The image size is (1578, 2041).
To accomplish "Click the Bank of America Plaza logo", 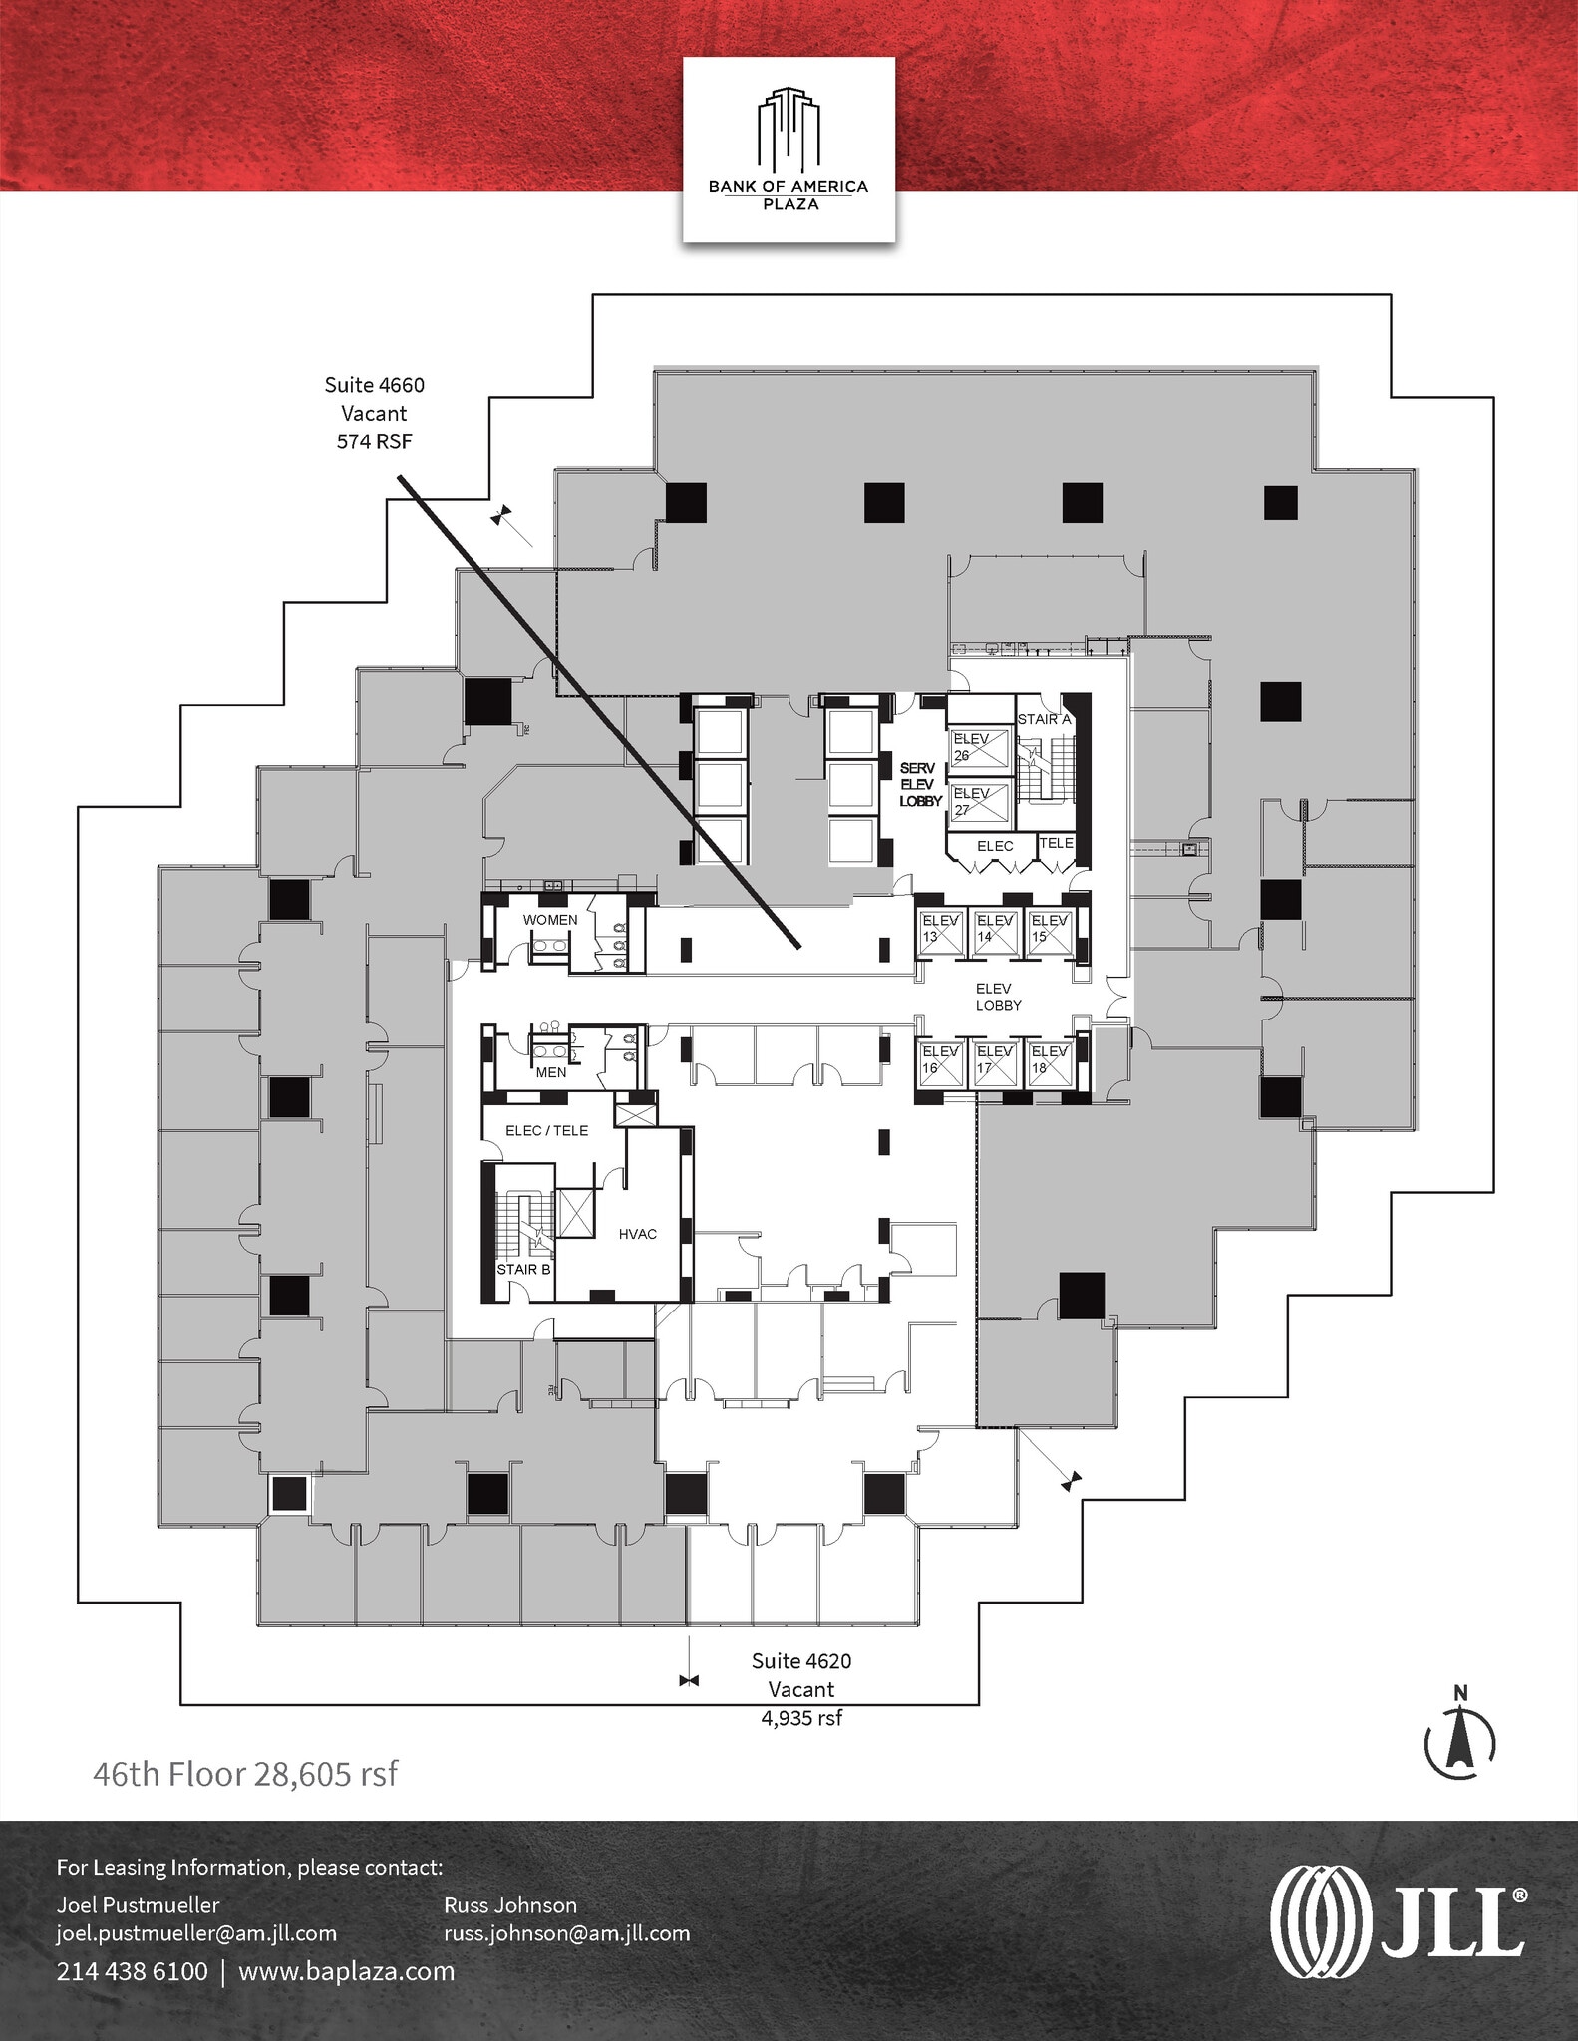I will click(x=789, y=149).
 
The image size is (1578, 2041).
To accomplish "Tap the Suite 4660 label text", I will click(x=374, y=385).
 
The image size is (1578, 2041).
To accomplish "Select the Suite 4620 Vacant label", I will click(x=801, y=1688).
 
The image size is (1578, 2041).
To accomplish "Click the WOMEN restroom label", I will click(x=550, y=920).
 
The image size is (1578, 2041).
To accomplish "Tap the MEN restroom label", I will click(x=551, y=1072).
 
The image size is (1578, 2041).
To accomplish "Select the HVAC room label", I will click(x=638, y=1234).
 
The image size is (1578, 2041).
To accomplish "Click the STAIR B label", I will click(x=524, y=1269).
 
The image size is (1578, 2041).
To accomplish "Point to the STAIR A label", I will click(x=1044, y=719).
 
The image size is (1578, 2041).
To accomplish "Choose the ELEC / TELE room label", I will click(x=546, y=1130).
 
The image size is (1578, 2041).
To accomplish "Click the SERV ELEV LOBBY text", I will click(x=920, y=784).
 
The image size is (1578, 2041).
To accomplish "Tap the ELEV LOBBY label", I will click(x=998, y=997).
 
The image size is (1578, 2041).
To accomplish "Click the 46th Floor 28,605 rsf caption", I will click(x=245, y=1774).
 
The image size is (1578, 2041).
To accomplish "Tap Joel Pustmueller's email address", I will click(x=196, y=1933).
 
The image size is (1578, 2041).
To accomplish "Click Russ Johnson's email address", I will click(x=566, y=1933).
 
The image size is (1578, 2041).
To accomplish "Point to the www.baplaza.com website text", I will click(x=346, y=1971).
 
